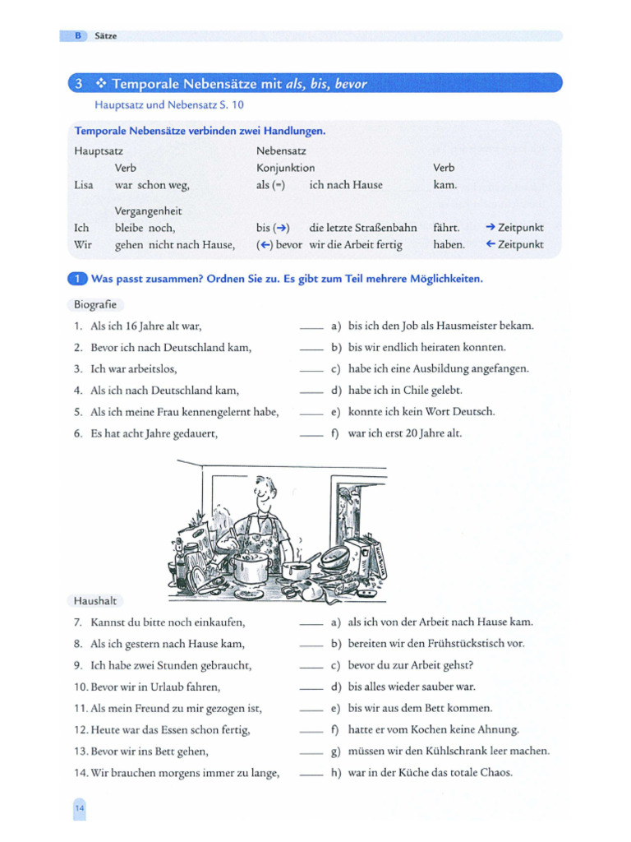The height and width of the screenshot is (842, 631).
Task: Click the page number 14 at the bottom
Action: tap(79, 809)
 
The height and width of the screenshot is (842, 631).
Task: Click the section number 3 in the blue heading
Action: tap(79, 84)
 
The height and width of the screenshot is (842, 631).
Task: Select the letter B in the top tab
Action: tap(78, 36)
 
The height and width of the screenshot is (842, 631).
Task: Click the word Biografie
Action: tap(94, 304)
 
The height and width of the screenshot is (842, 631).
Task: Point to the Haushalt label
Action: tap(94, 601)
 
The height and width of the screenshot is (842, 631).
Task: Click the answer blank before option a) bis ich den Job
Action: tap(311, 326)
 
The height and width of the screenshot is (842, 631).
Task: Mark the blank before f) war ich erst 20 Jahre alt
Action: tap(311, 433)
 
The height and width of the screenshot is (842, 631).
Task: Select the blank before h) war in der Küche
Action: tap(311, 773)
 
